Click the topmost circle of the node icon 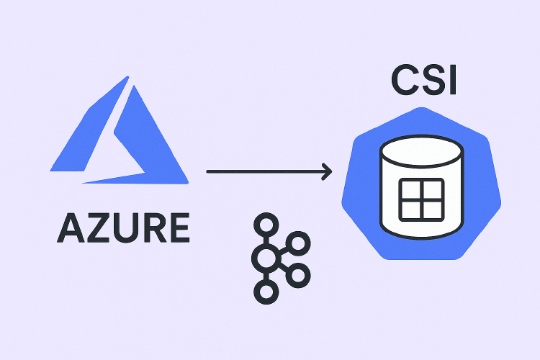[267, 223]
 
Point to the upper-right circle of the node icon [300, 242]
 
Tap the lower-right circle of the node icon [300, 273]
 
